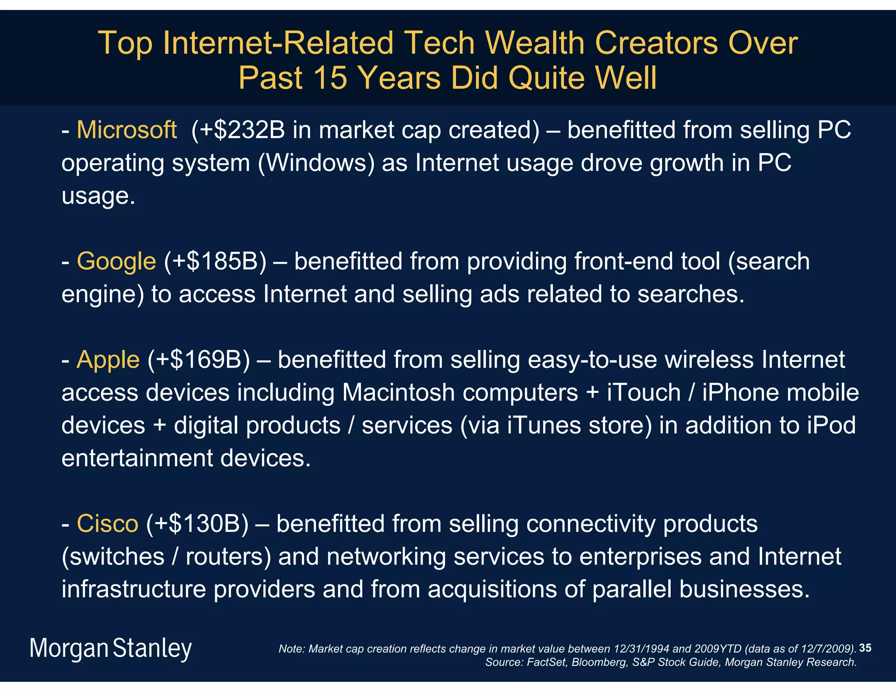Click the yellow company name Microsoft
click(126, 130)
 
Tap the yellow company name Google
click(116, 262)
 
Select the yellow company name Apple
click(108, 360)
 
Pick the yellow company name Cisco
click(107, 524)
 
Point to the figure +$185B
click(215, 262)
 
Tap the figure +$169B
click(199, 360)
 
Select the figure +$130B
click(197, 524)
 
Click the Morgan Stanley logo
click(110, 648)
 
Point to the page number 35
click(865, 648)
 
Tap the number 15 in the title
click(330, 78)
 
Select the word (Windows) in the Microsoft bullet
click(316, 163)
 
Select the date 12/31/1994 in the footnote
click(641, 649)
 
